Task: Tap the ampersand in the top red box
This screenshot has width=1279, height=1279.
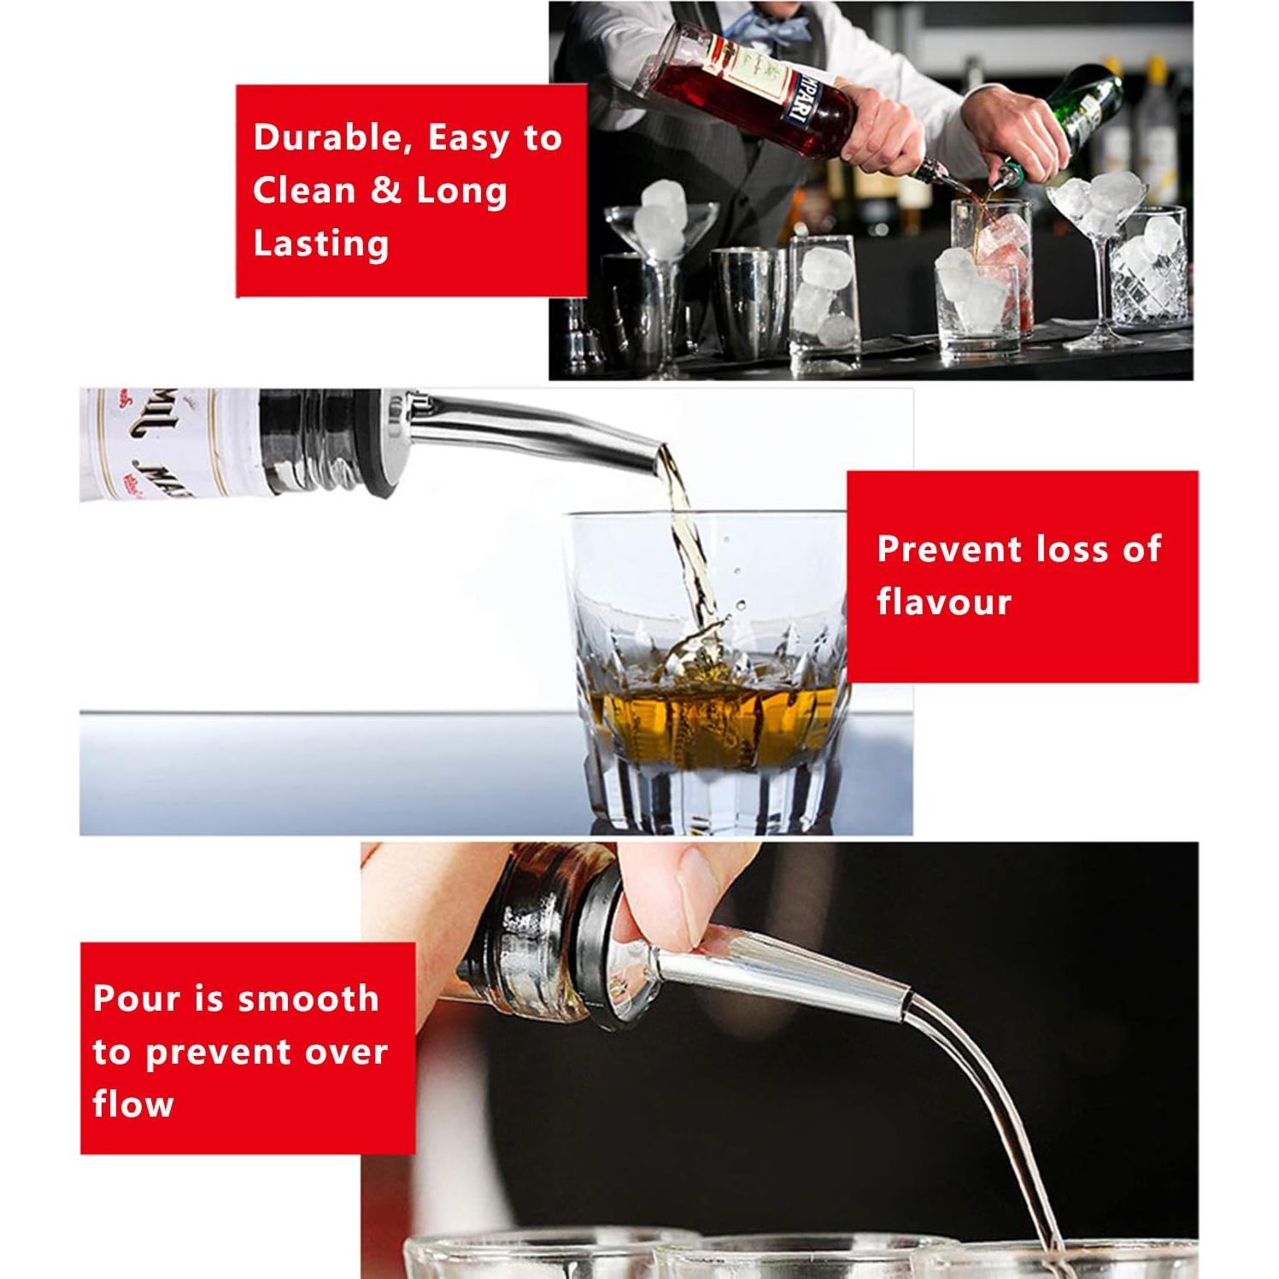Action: pos(386,191)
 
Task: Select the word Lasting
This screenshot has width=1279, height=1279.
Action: pos(320,244)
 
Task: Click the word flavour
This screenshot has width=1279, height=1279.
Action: pos(943,601)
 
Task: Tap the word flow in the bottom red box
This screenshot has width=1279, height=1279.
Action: pos(132,1104)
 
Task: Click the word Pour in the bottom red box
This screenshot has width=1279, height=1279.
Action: pos(137,998)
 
